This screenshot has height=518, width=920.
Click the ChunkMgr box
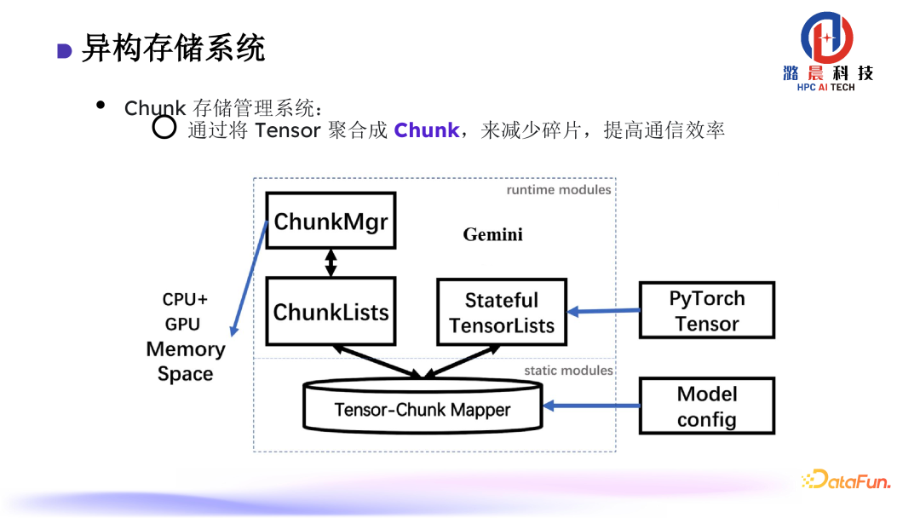pos(331,221)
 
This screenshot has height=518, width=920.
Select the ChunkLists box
pos(331,311)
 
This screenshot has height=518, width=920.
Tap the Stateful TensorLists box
pos(502,312)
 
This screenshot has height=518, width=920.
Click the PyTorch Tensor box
pos(707,311)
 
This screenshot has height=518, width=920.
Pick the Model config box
pos(707,406)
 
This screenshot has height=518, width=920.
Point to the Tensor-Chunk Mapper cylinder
pos(423,408)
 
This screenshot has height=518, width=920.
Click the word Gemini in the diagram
pos(492,234)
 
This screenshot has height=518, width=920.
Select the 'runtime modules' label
pos(559,190)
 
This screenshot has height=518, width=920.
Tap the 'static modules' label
pos(568,371)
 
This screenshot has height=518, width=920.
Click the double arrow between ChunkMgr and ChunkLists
pos(331,262)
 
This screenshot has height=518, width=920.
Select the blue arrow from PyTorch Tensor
pos(603,311)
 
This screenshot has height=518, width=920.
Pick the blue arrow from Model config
pos(591,406)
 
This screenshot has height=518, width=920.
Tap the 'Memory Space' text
pos(186,361)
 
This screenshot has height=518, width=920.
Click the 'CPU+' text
pos(185,300)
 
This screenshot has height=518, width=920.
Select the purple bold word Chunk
pos(426,130)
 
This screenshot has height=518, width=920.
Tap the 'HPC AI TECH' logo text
pos(825,88)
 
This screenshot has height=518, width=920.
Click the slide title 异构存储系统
pos(174,49)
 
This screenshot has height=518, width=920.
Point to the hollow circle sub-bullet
pos(164,129)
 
